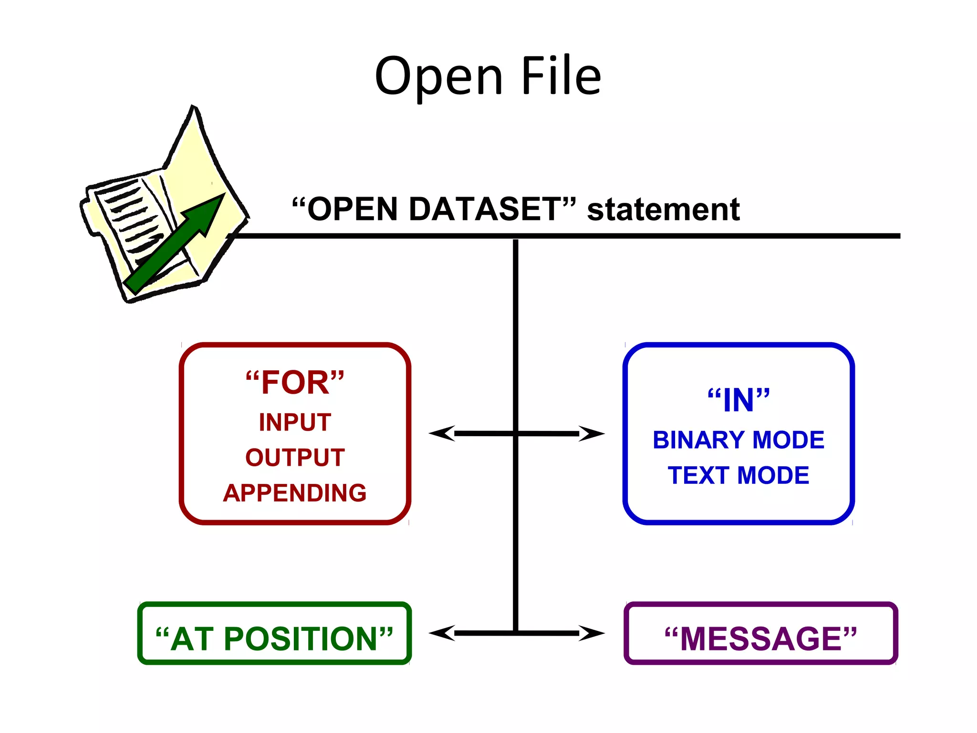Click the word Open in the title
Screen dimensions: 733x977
439,76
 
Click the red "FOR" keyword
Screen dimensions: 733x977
295,382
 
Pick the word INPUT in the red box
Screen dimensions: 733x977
295,422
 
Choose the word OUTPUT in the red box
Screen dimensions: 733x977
295,457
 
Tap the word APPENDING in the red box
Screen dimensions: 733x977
295,493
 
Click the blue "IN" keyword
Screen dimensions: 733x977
738,400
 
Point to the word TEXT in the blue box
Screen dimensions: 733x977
698,475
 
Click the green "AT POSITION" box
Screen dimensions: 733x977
274,639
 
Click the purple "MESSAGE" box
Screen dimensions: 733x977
761,639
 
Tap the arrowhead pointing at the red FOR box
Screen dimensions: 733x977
440,433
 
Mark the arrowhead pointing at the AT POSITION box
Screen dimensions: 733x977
440,633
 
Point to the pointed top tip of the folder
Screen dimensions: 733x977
193,109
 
